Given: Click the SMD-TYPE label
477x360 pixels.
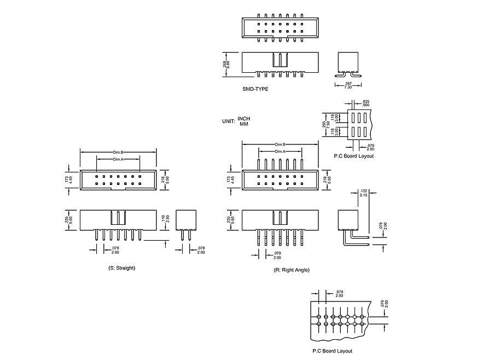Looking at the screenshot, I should click(255, 88).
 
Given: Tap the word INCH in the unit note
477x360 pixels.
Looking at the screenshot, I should click(244, 119).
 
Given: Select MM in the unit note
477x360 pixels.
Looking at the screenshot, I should click(244, 124).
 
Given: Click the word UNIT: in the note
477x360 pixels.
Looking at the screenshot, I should click(229, 121).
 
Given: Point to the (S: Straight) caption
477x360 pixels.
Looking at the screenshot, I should click(122, 268).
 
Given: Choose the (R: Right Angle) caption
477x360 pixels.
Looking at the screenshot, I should click(292, 270).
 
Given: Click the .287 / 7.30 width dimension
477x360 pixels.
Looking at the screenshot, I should click(348, 85).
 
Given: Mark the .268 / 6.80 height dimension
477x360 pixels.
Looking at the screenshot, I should click(226, 64).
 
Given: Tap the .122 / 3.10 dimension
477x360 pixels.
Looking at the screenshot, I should click(364, 193).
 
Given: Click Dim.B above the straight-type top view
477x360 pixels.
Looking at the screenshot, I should click(118, 152).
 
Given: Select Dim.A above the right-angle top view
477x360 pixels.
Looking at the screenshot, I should click(280, 151).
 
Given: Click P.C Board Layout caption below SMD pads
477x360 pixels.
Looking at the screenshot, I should click(353, 156).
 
